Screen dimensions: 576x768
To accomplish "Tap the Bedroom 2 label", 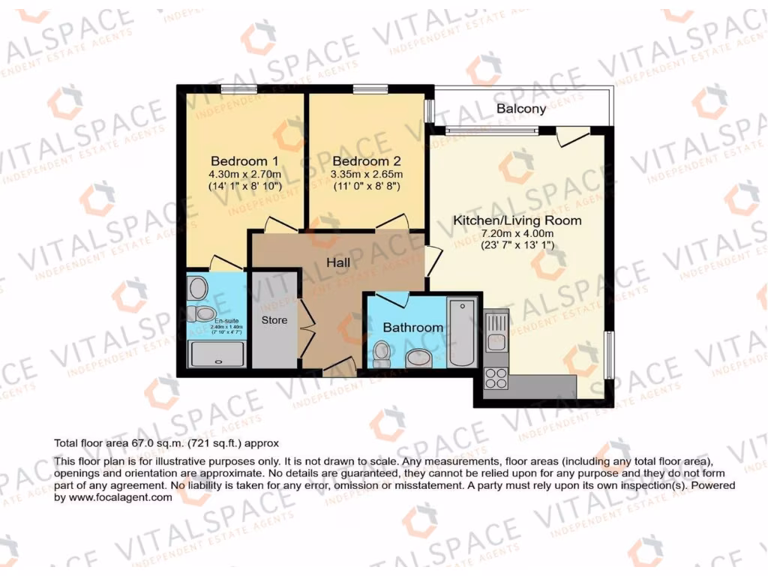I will (367, 161).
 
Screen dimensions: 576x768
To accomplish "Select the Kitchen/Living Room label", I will (517, 221).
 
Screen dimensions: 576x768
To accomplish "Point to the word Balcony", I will (521, 109).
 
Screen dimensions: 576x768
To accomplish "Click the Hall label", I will (340, 262).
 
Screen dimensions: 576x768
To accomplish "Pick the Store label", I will (274, 320).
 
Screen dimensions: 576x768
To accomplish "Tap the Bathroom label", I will (412, 328).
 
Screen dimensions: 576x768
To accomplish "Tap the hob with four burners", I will (496, 376).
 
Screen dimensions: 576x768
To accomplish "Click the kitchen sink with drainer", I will (496, 331).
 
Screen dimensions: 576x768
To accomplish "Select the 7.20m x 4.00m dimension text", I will (517, 235).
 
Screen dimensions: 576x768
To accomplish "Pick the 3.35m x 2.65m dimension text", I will (367, 174).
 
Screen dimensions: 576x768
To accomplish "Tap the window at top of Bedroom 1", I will (239, 89).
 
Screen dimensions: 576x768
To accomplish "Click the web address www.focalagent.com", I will (108, 497).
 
